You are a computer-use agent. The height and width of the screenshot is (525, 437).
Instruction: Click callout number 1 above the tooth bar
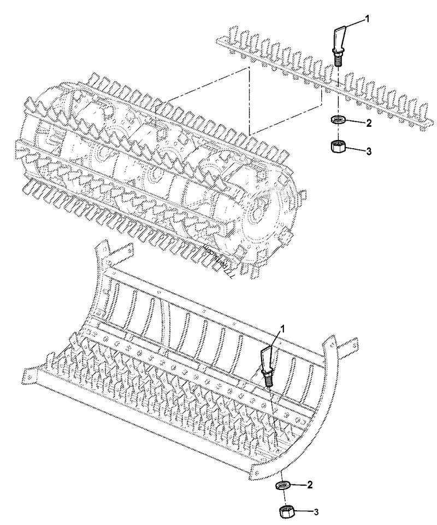pyautogui.click(x=368, y=19)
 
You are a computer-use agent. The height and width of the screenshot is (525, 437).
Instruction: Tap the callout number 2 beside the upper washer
pyautogui.click(x=369, y=124)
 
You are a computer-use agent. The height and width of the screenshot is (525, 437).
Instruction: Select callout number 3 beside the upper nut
pyautogui.click(x=369, y=151)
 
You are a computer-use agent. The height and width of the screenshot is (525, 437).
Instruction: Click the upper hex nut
pyautogui.click(x=338, y=148)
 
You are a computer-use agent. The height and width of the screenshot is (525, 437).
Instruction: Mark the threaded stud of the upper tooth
pyautogui.click(x=338, y=59)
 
